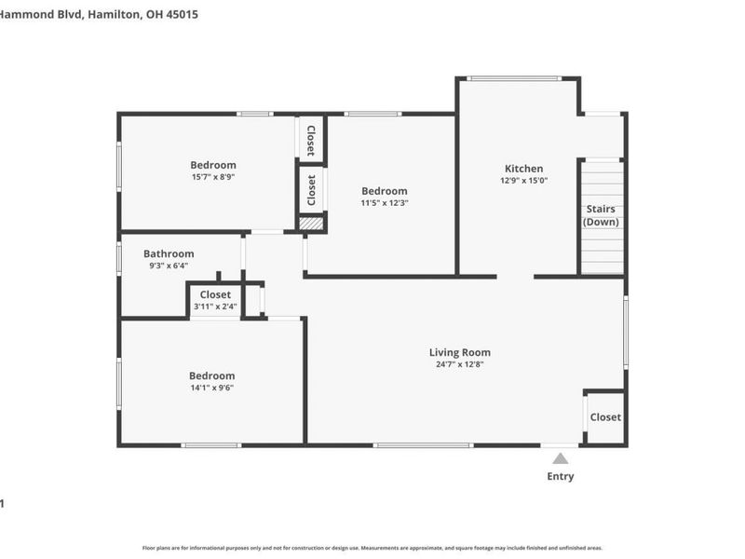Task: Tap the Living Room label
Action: pos(459,352)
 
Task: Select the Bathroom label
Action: pos(169,253)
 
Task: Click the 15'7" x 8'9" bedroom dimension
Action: pos(213,177)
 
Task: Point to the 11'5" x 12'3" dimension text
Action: pos(385,202)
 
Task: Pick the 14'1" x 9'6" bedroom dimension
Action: pos(212,388)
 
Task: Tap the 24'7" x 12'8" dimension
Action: pos(459,364)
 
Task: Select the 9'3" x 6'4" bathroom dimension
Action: pos(169,266)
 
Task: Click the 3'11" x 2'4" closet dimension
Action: pos(215,307)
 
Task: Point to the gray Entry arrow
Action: pos(560,457)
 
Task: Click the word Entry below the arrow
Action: pos(560,477)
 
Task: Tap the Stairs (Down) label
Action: pos(601,215)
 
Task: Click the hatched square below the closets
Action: pos(312,223)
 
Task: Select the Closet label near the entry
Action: pos(605,417)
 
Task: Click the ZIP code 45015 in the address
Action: pos(179,15)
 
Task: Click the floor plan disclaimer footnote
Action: pos(372,548)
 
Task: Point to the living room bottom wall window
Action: pos(423,445)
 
